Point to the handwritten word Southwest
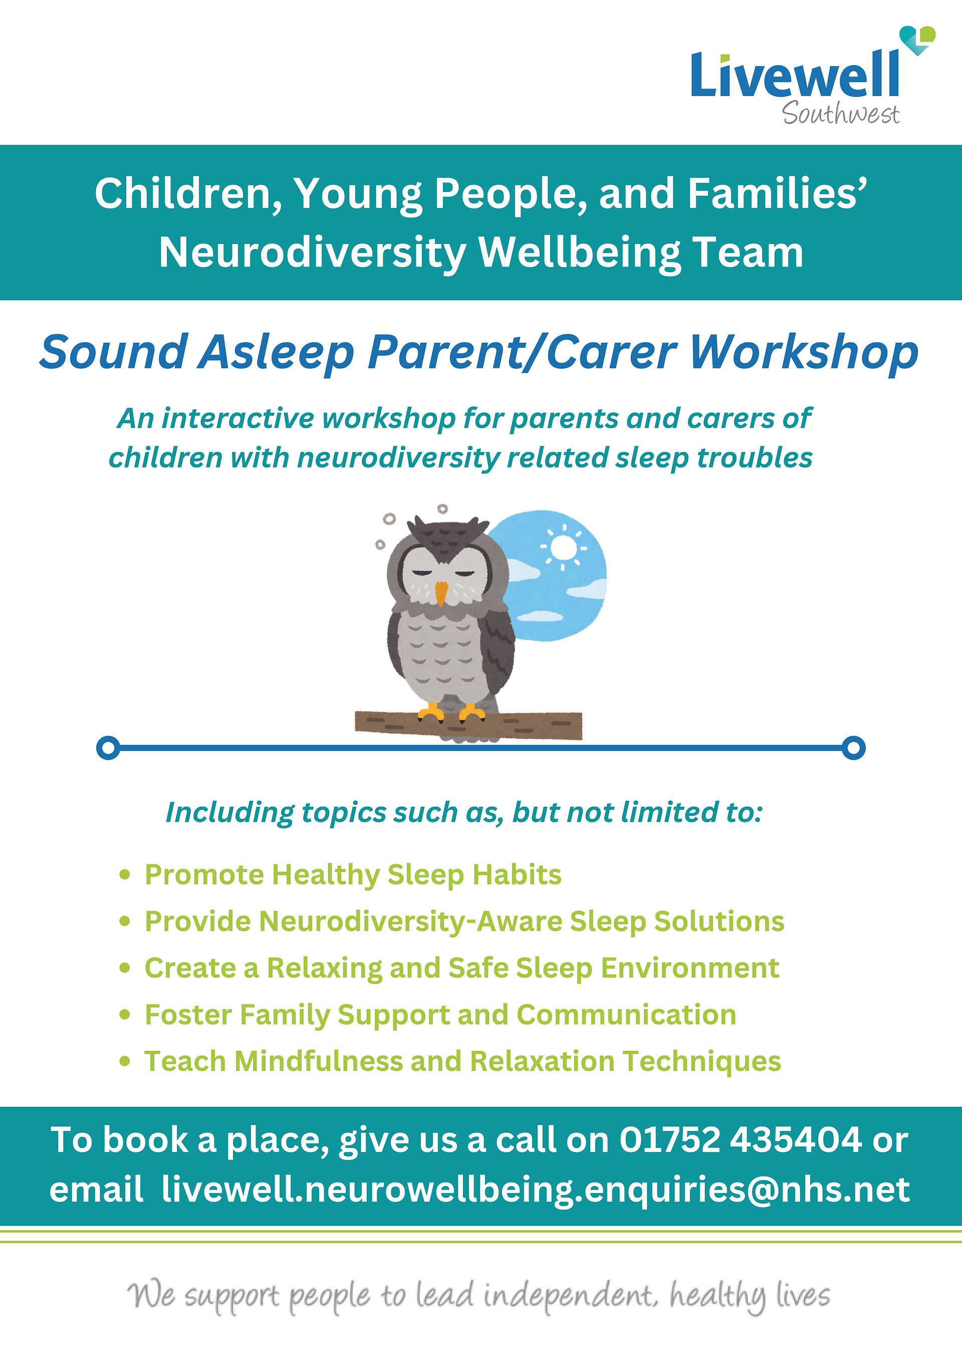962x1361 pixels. point(840,113)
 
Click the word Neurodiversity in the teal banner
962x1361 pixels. point(312,253)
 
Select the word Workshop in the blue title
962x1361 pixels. point(804,353)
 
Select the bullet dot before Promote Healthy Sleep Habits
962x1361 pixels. point(124,875)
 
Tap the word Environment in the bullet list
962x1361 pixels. point(690,968)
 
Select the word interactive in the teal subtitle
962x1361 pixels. point(239,418)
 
